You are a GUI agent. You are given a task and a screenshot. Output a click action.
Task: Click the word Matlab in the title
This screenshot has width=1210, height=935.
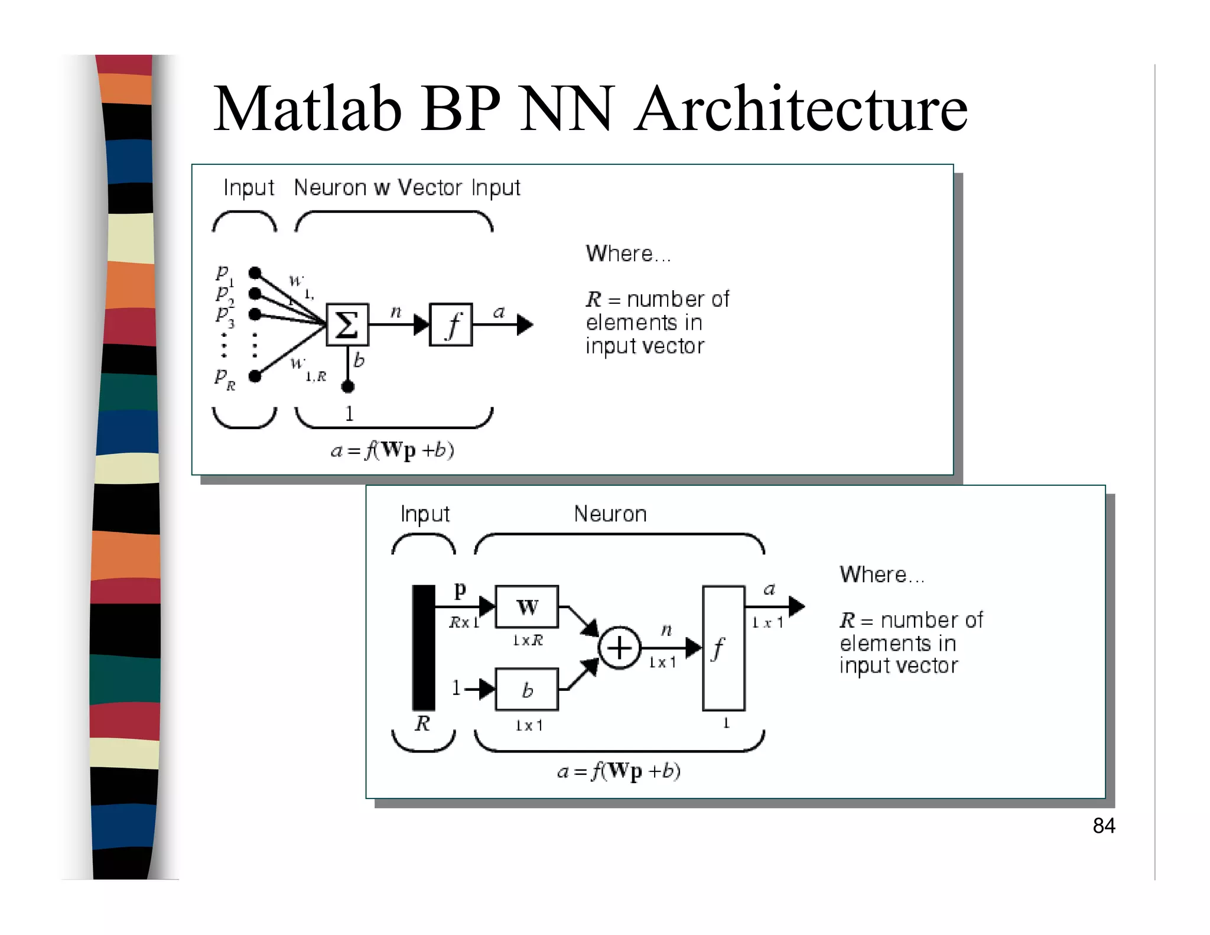pos(307,109)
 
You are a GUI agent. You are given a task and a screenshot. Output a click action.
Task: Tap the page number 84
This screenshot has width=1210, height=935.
pos(1103,826)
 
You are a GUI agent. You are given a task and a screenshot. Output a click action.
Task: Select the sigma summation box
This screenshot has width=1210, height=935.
pos(347,324)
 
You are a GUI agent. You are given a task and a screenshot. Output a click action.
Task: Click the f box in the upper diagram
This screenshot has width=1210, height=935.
pos(451,324)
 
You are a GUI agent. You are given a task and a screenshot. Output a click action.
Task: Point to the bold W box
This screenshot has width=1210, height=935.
pos(526,607)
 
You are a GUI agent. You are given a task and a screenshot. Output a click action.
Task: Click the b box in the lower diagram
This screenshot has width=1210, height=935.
pos(526,690)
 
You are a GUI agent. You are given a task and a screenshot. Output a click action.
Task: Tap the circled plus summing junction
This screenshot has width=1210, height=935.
pos(619,648)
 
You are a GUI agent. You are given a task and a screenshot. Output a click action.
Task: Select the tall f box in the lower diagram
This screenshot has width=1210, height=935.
pos(723,648)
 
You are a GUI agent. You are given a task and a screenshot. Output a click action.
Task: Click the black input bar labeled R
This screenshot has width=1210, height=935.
pos(423,648)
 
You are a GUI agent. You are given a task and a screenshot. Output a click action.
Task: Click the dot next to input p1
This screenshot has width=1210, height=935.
pos(255,273)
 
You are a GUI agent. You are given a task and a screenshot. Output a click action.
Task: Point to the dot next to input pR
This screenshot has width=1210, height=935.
pos(255,376)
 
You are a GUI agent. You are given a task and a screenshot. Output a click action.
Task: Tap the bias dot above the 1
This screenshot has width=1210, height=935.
pos(347,387)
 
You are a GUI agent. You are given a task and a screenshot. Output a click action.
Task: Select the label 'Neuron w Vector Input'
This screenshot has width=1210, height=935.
pos(407,188)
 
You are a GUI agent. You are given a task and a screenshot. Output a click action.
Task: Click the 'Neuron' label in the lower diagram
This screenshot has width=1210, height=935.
pos(610,514)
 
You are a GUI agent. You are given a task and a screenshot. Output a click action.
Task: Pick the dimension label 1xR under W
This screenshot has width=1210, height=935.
pos(527,641)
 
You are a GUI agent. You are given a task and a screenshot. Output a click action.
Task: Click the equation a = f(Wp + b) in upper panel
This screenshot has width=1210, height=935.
pos(392,451)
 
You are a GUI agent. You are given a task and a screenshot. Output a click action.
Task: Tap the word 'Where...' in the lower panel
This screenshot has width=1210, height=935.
pos(882,574)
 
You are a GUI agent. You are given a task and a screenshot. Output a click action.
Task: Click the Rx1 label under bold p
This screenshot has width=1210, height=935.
pos(464,622)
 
